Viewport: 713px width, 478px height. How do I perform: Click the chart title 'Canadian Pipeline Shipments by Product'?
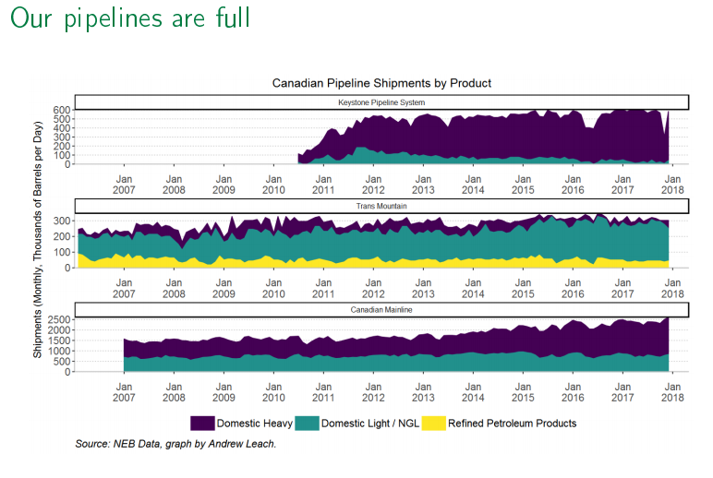pyautogui.click(x=381, y=83)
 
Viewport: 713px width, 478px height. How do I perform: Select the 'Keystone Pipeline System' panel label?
pyautogui.click(x=381, y=102)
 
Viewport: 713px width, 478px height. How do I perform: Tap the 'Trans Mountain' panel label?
pyautogui.click(x=381, y=205)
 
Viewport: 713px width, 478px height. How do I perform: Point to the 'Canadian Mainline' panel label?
pyautogui.click(x=381, y=309)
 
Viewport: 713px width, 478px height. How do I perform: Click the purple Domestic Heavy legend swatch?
pyautogui.click(x=202, y=423)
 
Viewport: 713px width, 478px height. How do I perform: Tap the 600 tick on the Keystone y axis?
pyautogui.click(x=61, y=110)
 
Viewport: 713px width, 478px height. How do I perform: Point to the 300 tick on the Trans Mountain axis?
pyautogui.click(x=61, y=221)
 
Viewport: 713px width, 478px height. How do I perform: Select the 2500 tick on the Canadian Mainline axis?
pyautogui.click(x=57, y=318)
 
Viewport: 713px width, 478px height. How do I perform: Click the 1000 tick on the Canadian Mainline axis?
pyautogui.click(x=57, y=351)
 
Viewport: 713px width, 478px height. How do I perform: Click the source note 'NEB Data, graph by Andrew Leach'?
pyautogui.click(x=175, y=445)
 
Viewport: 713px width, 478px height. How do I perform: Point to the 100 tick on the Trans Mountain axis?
pyautogui.click(x=61, y=252)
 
